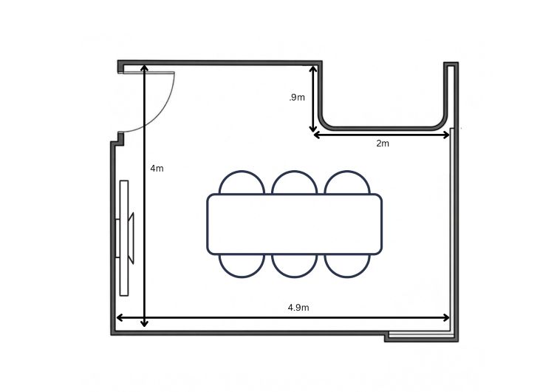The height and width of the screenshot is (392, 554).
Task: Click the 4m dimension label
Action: pos(157,169)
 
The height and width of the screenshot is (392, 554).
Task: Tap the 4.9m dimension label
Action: pos(298,308)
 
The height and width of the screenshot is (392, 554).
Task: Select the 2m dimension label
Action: pos(383,143)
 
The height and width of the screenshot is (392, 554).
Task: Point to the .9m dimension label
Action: pos(297,98)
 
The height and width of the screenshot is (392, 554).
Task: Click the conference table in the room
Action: pos(294,224)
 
